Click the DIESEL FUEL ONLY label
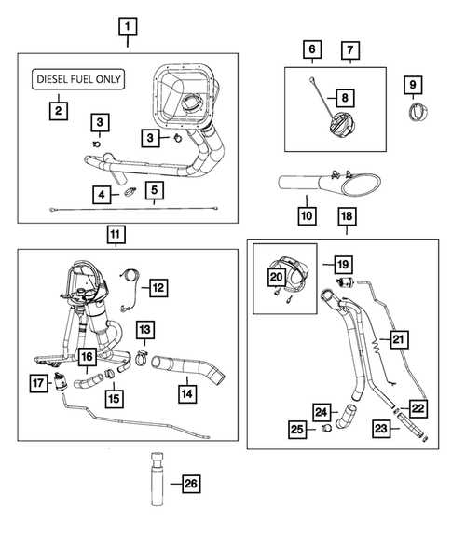(78, 79)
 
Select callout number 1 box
(128, 27)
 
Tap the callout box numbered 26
(191, 484)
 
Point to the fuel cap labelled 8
(341, 125)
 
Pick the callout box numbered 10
(307, 215)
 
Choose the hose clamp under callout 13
(141, 359)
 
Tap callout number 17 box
(38, 383)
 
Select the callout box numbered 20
(277, 277)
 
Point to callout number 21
(399, 338)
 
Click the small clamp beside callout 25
(327, 428)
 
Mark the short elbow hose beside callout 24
(345, 416)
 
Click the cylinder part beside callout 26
(158, 479)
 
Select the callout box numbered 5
(155, 190)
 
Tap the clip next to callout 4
(130, 192)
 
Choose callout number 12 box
(158, 288)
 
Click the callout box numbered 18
(347, 216)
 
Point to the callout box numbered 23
(381, 428)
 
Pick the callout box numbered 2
(58, 111)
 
